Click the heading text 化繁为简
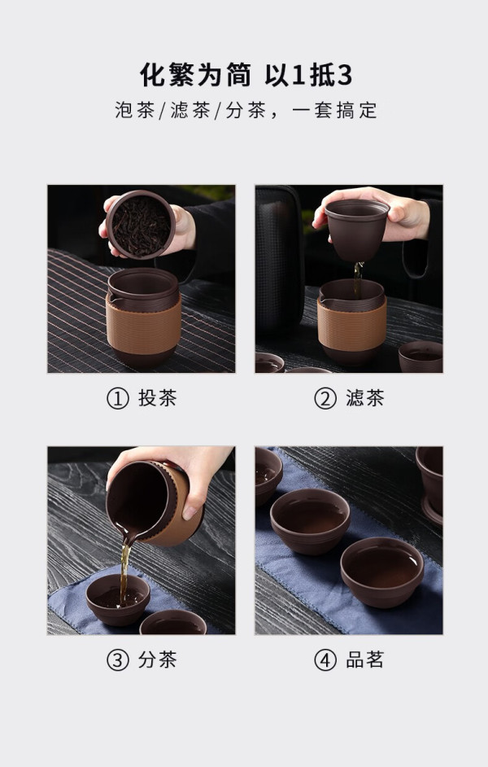point(195,75)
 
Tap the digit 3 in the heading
point(345,76)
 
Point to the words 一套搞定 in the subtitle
point(334,110)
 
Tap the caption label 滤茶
point(365,397)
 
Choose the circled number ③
point(118,660)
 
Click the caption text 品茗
point(365,660)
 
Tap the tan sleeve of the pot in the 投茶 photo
point(143,324)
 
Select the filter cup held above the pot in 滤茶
point(356,230)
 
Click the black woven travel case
point(279,254)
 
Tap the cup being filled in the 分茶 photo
point(118,599)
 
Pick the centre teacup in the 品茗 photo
point(310,520)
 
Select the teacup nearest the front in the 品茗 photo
point(382,572)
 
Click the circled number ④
point(325,660)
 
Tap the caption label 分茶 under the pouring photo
point(157,660)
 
